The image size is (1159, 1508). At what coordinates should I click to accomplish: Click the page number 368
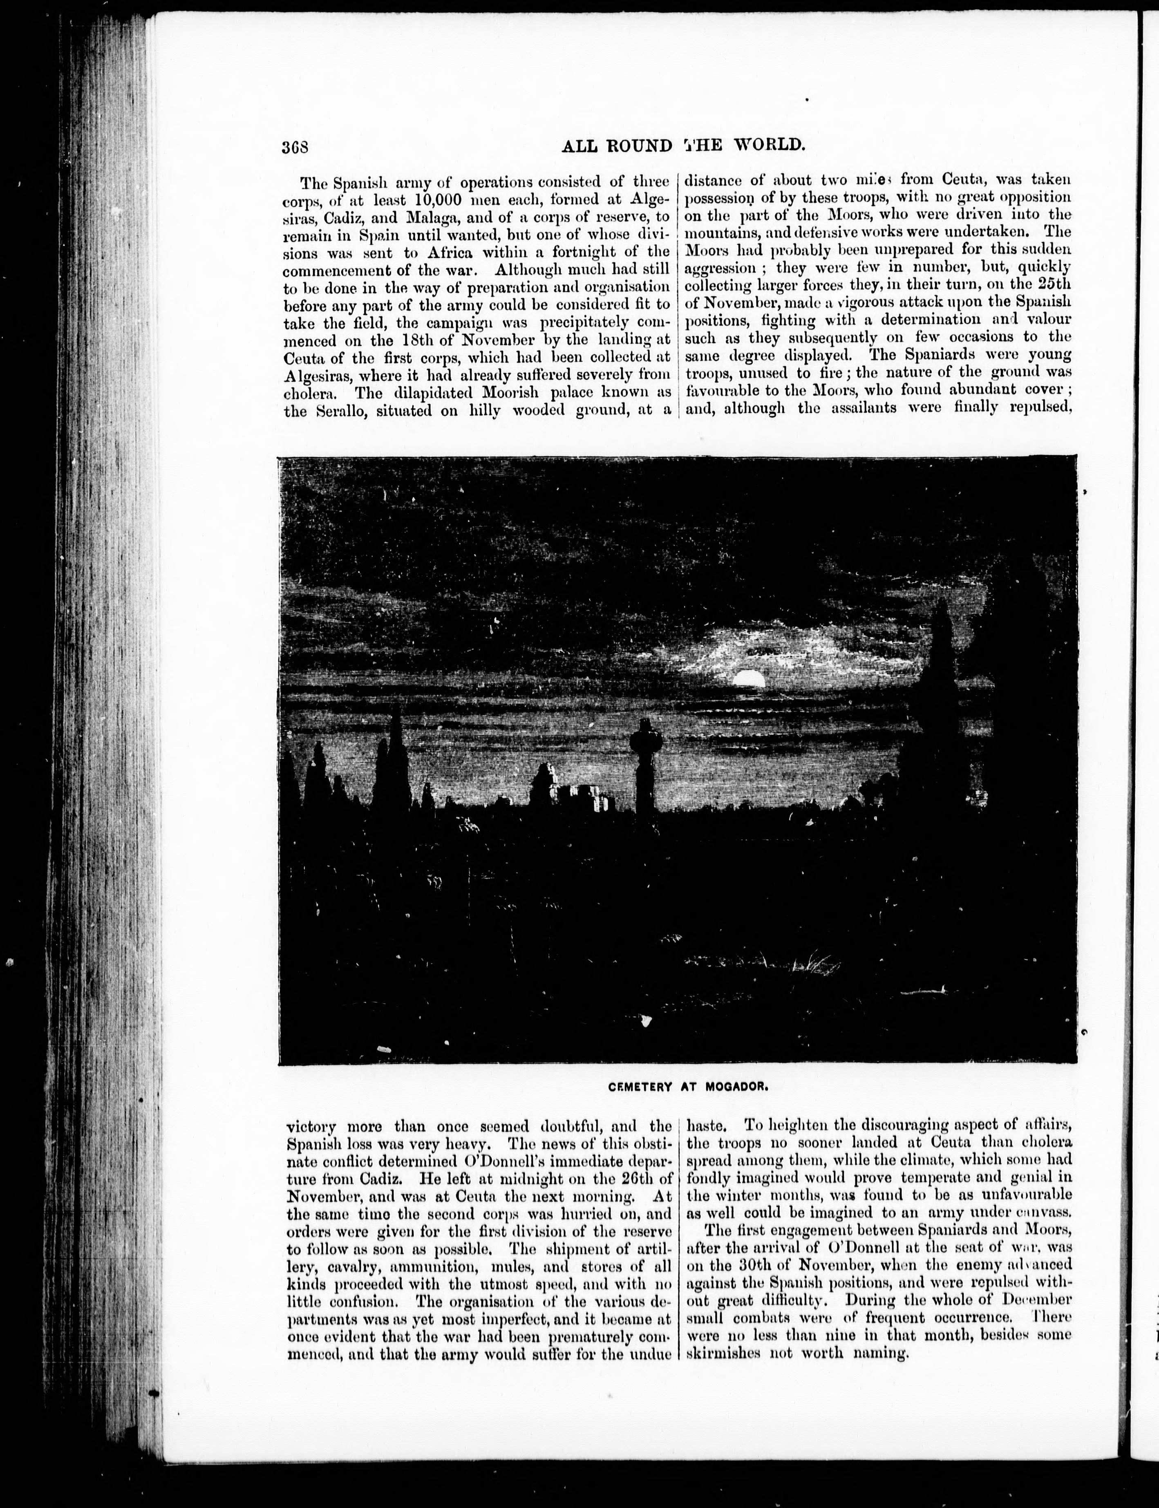click(x=294, y=146)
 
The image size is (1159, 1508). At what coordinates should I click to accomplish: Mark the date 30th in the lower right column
click(x=758, y=1264)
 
